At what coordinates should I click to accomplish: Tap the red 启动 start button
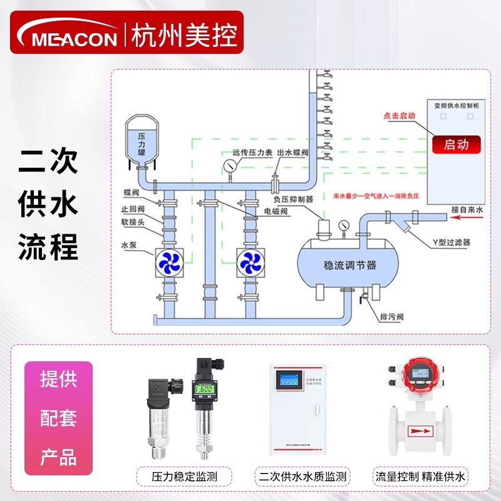(455, 145)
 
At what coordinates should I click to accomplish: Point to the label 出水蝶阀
(292, 152)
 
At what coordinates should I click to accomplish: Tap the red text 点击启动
(400, 116)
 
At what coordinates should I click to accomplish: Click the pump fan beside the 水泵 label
(168, 263)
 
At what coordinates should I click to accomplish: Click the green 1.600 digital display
(205, 389)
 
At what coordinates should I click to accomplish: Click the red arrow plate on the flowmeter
(420, 431)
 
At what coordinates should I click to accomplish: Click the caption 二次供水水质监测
(303, 477)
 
